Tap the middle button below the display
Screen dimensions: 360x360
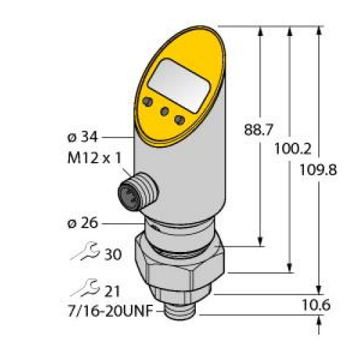tap(165, 112)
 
